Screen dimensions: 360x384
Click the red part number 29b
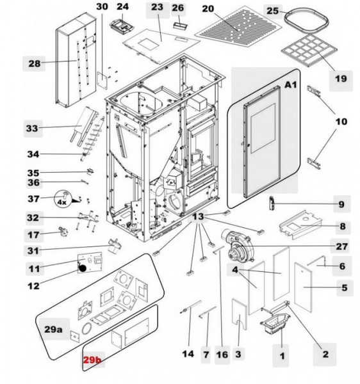pos(92,360)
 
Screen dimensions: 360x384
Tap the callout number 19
pos(341,79)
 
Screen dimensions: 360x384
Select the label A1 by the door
pos(291,84)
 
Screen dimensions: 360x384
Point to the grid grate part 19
pos(309,51)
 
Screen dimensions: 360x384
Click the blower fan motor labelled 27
pos(236,247)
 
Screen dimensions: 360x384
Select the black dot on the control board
pos(83,268)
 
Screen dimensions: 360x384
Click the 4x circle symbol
pos(62,198)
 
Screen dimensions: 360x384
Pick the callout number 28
pos(35,63)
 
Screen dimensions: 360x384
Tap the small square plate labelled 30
pos(102,80)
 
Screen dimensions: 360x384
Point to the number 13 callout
pos(198,217)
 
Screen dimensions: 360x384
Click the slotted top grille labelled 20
pos(240,28)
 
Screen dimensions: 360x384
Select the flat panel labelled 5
pos(304,287)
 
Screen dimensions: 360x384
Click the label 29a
pos(53,330)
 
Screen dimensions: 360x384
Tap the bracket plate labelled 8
pos(300,225)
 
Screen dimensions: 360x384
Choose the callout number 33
pos(32,129)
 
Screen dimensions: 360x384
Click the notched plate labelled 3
pos(240,314)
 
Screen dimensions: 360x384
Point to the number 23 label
pos(157,7)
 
